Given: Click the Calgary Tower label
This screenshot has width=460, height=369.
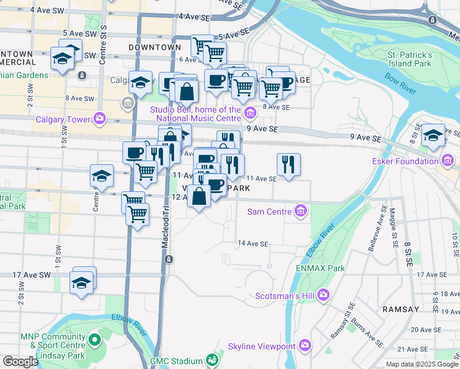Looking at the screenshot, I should point(64,119).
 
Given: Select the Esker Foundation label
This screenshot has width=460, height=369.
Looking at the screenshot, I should point(405,162).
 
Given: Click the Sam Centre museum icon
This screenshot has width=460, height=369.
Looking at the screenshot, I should point(301,212).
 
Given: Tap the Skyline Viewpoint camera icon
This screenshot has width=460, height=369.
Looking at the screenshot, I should point(304,346).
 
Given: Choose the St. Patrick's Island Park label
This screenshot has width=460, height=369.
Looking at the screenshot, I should point(410,59).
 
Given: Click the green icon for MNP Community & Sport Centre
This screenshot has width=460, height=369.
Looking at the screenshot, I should point(94,339).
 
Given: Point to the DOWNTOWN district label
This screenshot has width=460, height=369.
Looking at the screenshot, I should point(155,47).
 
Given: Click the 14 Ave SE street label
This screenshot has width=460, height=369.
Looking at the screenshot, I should point(253,244).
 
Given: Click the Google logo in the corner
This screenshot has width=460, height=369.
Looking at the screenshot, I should point(20,362).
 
